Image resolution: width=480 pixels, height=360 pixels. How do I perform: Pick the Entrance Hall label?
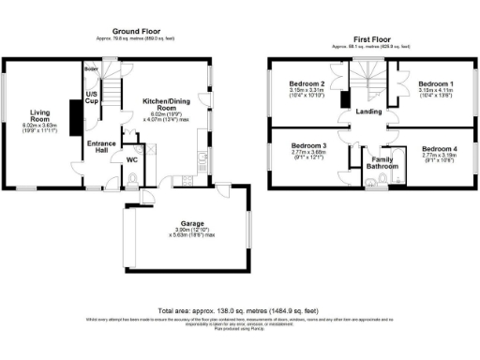coord(101,147)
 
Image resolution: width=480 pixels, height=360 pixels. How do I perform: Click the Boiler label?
coord(91,69)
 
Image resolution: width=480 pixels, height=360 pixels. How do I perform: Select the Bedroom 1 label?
coord(437,83)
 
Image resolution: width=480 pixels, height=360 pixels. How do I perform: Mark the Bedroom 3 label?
coord(308,146)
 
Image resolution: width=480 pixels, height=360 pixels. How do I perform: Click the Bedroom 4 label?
coord(440,150)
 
